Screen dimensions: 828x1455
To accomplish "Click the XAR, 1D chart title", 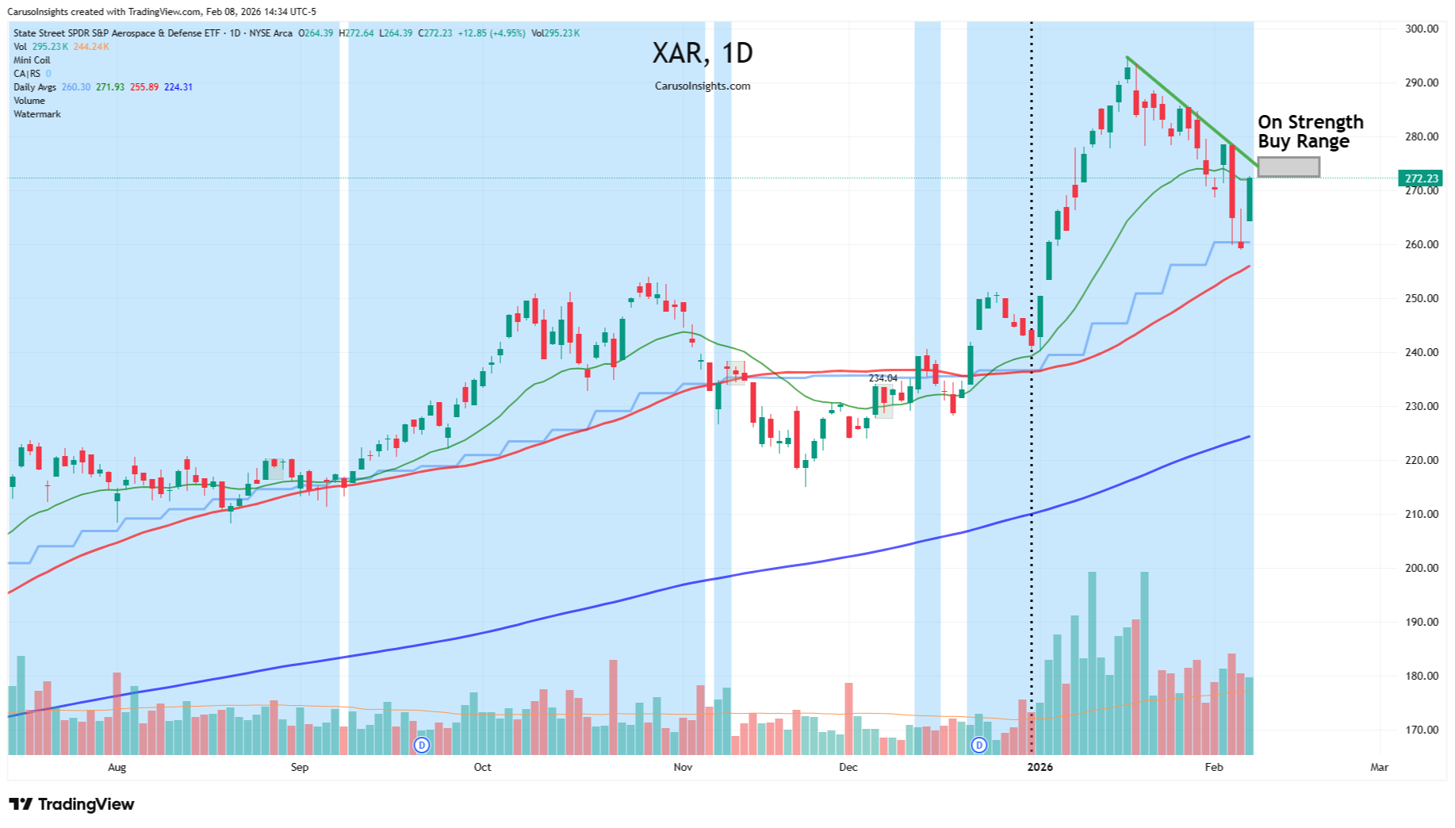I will click(x=703, y=53).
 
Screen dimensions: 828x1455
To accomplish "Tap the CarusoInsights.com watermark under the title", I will click(x=703, y=86).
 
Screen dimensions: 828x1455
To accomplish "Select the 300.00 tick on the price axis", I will click(x=1421, y=29).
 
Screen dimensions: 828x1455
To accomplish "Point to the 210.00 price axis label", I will click(x=1421, y=514).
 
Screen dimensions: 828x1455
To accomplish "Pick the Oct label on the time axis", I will click(x=482, y=767).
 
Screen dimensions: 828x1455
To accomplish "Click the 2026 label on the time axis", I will click(x=1040, y=767).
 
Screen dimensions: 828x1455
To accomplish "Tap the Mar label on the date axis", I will click(x=1379, y=767).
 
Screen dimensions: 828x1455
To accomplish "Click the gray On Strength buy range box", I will click(x=1288, y=167).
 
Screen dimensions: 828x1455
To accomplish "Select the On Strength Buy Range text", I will click(x=1310, y=132).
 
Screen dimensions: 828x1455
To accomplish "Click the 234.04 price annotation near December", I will click(x=883, y=378).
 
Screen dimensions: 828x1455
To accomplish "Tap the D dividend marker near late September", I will click(x=422, y=745).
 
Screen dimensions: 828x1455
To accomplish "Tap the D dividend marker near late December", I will click(x=979, y=745).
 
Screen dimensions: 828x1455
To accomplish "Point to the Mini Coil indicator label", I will click(x=32, y=60).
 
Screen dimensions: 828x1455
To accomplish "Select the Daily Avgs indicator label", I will click(x=35, y=87).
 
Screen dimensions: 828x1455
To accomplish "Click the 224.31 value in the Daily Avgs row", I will click(x=178, y=87).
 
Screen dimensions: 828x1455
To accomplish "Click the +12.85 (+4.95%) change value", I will click(x=492, y=33).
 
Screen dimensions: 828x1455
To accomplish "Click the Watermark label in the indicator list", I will click(x=37, y=114).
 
